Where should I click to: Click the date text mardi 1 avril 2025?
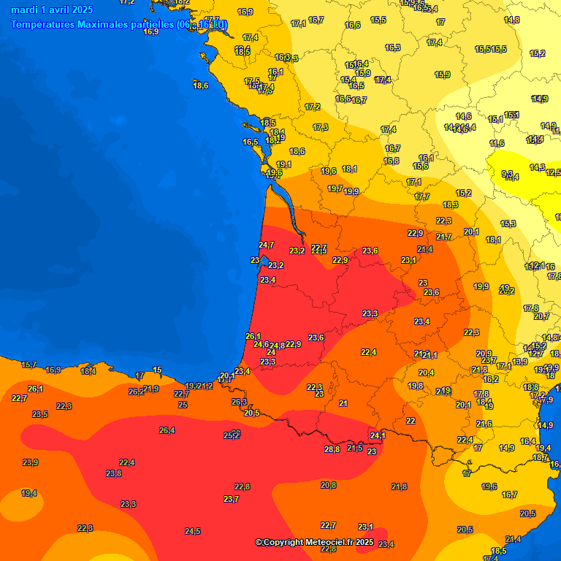pos(52,9)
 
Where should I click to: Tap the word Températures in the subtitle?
pos(43,24)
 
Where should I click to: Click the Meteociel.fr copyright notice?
pos(314,542)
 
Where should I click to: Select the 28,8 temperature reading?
pos(332,449)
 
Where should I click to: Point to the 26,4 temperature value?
pos(167,430)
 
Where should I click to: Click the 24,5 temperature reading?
pos(193,531)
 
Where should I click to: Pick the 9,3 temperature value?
pos(507,174)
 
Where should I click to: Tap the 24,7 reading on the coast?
pos(267,245)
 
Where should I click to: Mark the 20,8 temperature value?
pos(329,485)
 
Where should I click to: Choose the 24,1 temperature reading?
pos(378,436)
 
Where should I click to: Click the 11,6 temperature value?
pos(497,143)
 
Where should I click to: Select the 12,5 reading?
pos(554,172)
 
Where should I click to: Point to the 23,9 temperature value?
pos(30,462)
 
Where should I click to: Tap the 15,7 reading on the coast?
pos(28,365)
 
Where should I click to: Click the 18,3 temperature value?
pos(451,205)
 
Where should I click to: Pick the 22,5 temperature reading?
pos(472,332)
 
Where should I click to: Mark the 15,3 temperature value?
pos(508,224)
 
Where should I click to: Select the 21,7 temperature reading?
pos(444,237)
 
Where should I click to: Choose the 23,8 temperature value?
pos(114,473)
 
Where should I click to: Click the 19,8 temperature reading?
pos(416,386)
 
